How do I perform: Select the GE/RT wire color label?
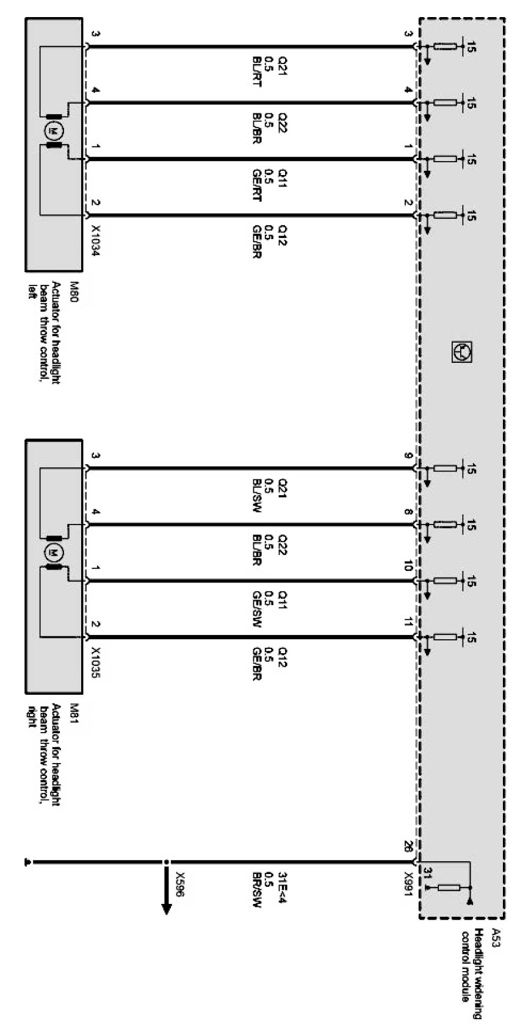pyautogui.click(x=256, y=185)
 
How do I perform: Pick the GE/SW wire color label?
pyautogui.click(x=256, y=607)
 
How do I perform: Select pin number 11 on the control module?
pyautogui.click(x=408, y=623)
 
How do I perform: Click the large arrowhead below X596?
pyautogui.click(x=166, y=909)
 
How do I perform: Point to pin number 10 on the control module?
pyautogui.click(x=408, y=567)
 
